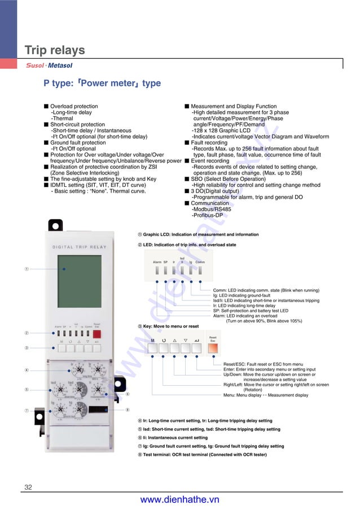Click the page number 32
tap(28, 487)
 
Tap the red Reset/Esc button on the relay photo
tap(96, 333)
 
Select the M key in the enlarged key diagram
tap(152, 341)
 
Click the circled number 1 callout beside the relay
tap(27, 269)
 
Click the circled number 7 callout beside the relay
tap(27, 411)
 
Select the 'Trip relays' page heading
tap(55, 50)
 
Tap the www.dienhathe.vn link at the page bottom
tap(179, 499)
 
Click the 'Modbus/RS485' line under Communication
tap(212, 209)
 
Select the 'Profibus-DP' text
tap(207, 215)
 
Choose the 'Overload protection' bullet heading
tap(74, 106)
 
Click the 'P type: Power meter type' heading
tap(102, 84)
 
